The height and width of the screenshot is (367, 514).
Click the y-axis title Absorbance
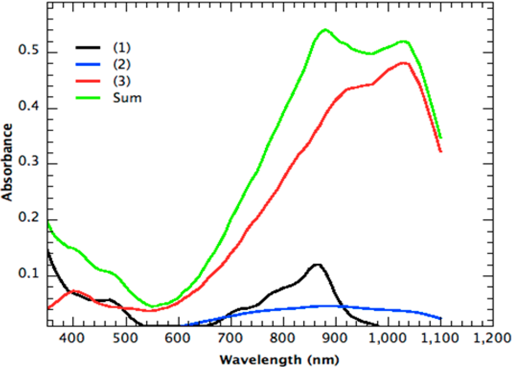7,162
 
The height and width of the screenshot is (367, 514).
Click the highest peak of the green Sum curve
325,30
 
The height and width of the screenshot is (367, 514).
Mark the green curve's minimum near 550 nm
153,306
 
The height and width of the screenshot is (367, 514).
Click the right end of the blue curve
441,318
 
